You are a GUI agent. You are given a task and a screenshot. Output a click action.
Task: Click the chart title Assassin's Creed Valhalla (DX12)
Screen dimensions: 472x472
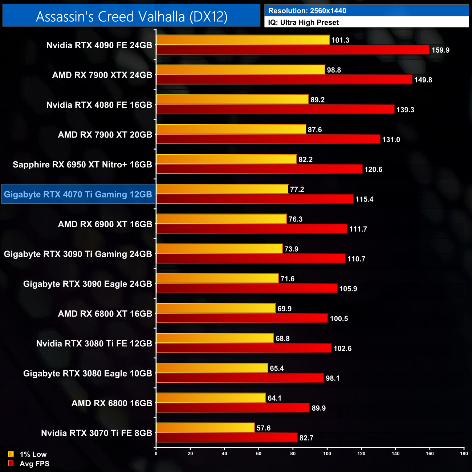pyautogui.click(x=131, y=16)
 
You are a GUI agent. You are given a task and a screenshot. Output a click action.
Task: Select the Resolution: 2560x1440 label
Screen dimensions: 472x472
pyautogui.click(x=307, y=11)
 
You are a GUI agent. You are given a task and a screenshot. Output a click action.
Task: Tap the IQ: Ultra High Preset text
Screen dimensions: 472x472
pyautogui.click(x=303, y=23)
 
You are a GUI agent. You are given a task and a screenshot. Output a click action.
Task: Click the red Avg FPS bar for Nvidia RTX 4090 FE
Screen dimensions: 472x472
pyautogui.click(x=293, y=50)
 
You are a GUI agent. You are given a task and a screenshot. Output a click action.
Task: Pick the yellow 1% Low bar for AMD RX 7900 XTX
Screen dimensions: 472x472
pyautogui.click(x=241, y=70)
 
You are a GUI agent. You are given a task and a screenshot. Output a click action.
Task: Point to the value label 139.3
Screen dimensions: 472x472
pyautogui.click(x=405, y=110)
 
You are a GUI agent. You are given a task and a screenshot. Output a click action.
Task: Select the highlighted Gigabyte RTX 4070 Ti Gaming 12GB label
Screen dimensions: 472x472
pyautogui.click(x=78, y=194)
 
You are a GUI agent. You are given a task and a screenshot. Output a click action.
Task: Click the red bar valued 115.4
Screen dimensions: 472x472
pyautogui.click(x=255, y=199)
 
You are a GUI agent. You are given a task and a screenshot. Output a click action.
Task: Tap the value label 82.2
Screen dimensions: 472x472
pyautogui.click(x=305, y=159)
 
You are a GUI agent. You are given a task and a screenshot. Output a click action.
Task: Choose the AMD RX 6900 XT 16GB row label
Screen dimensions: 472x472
pyautogui.click(x=105, y=224)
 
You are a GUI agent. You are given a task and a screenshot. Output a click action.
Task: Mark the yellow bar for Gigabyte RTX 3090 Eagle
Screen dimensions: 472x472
pyautogui.click(x=217, y=278)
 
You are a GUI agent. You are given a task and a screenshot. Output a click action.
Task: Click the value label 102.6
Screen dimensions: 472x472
pyautogui.click(x=342, y=349)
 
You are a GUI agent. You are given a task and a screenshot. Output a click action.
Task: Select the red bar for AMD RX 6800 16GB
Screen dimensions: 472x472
pyautogui.click(x=233, y=408)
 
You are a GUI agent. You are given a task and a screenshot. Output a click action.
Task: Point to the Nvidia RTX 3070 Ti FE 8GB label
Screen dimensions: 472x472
pyautogui.click(x=97, y=433)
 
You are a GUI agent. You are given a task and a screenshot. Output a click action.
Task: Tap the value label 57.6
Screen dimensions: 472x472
pyautogui.click(x=264, y=428)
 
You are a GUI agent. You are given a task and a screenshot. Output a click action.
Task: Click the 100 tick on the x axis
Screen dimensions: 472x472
pyautogui.click(x=327, y=453)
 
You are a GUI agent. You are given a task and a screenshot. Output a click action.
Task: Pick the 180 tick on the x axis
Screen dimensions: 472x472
pyautogui.click(x=464, y=453)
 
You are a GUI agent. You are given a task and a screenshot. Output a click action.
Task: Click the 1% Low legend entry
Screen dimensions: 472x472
pyautogui.click(x=28, y=454)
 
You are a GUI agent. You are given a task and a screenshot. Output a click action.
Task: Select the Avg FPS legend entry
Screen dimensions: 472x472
pyautogui.click(x=29, y=464)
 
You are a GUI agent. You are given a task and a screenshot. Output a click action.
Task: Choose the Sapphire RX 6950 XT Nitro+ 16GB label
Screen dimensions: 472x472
pyautogui.click(x=82, y=164)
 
